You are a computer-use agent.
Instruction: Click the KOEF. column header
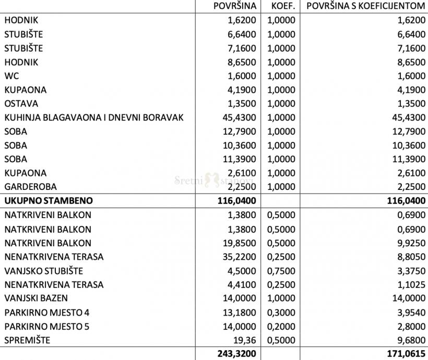[x=283, y=6]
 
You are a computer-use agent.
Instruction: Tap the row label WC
[x=11, y=76]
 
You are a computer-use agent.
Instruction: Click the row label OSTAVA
[x=21, y=103]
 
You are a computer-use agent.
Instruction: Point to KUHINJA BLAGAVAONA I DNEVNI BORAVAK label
[x=94, y=117]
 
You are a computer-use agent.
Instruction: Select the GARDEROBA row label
[x=30, y=186]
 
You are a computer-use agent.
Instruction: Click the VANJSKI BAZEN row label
[x=36, y=298]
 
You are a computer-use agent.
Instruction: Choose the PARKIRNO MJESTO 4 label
[x=46, y=313]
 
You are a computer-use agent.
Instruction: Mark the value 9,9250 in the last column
[x=409, y=243]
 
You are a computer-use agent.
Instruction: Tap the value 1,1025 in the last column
[x=409, y=285]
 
